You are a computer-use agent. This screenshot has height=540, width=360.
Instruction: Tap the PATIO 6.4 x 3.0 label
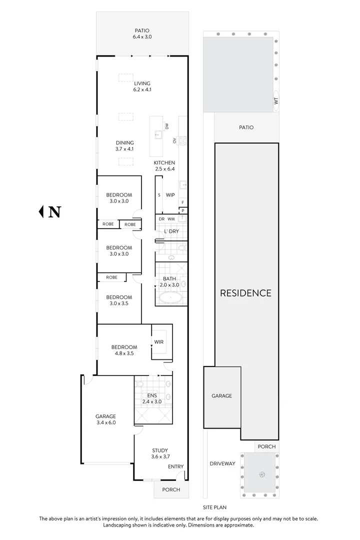tap(141, 33)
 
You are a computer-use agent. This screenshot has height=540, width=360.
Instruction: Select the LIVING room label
tap(142, 86)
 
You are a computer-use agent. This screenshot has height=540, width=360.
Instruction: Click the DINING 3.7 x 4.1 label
tap(125, 145)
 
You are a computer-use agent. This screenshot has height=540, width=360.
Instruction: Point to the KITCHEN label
tap(164, 165)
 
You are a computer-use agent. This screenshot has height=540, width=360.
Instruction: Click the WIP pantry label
tap(170, 195)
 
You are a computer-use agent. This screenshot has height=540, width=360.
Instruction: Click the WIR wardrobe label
tap(159, 342)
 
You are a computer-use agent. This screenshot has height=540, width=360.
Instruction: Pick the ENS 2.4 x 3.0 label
tap(152, 397)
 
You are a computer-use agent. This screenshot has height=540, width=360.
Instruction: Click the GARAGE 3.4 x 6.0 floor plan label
tap(105, 419)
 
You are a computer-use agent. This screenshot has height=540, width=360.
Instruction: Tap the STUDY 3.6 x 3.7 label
tap(159, 453)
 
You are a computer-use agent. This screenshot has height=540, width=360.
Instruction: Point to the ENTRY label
tap(175, 466)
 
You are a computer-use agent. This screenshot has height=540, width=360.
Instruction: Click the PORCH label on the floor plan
tap(170, 489)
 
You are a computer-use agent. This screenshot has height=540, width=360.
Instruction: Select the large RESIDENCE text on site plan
tap(246, 293)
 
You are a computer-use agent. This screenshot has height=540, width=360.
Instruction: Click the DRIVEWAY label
tap(222, 463)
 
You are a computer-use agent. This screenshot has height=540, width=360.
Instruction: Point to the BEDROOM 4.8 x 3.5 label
tap(124, 350)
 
